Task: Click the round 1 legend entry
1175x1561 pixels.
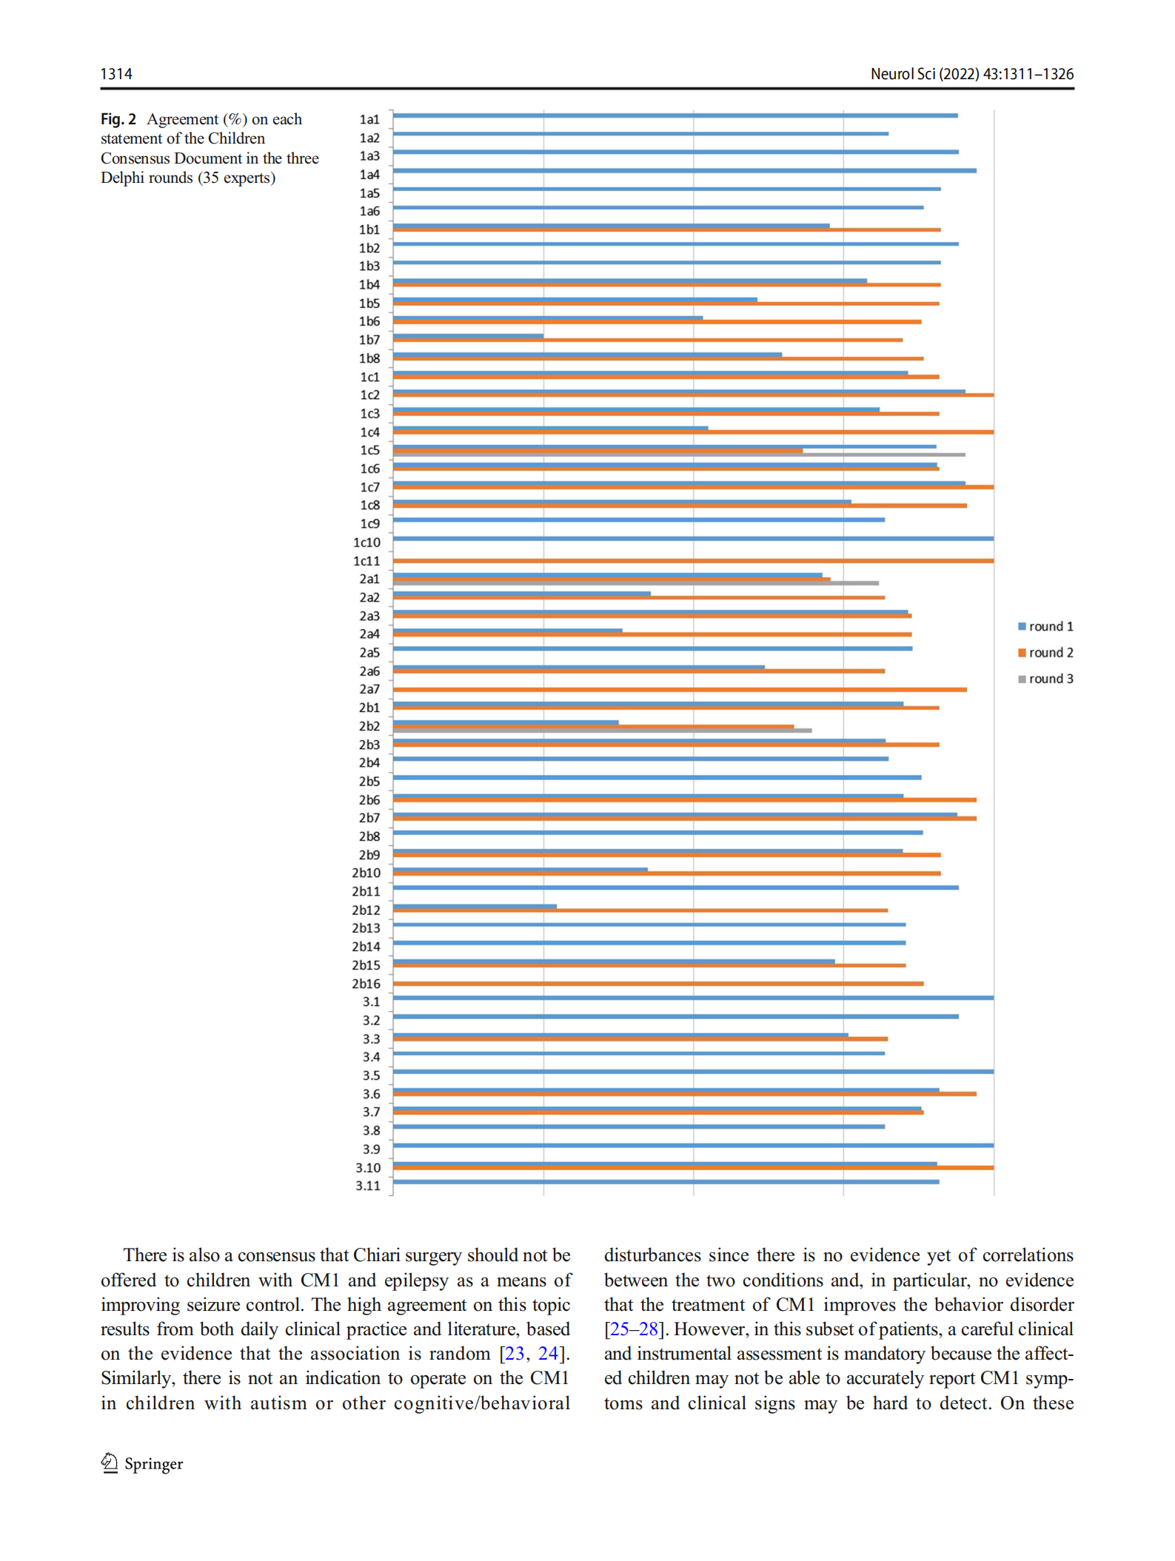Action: pos(1045,626)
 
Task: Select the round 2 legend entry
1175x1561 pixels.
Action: pos(1045,652)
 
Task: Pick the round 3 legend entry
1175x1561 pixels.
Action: pos(1045,679)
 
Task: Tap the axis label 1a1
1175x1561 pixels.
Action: pos(369,119)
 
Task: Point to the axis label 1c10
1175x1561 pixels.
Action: pos(366,543)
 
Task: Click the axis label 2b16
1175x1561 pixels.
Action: pos(366,984)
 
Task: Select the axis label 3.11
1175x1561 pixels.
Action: pos(367,1186)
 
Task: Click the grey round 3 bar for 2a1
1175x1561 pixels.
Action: pos(636,583)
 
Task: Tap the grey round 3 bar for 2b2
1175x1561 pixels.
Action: pos(602,731)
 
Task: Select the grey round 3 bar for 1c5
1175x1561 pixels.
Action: pos(679,454)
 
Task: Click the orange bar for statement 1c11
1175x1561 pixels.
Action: pos(693,561)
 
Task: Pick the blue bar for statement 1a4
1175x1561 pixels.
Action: pos(685,171)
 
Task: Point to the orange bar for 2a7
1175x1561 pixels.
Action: pos(680,690)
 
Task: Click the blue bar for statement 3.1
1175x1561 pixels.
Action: pos(693,998)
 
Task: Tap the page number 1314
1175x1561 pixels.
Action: pos(116,74)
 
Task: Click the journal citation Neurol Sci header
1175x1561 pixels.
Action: pos(971,74)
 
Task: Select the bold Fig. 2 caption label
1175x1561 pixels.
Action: pos(118,119)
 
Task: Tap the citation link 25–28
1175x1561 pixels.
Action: pos(633,1329)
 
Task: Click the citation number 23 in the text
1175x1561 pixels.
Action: pos(515,1354)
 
